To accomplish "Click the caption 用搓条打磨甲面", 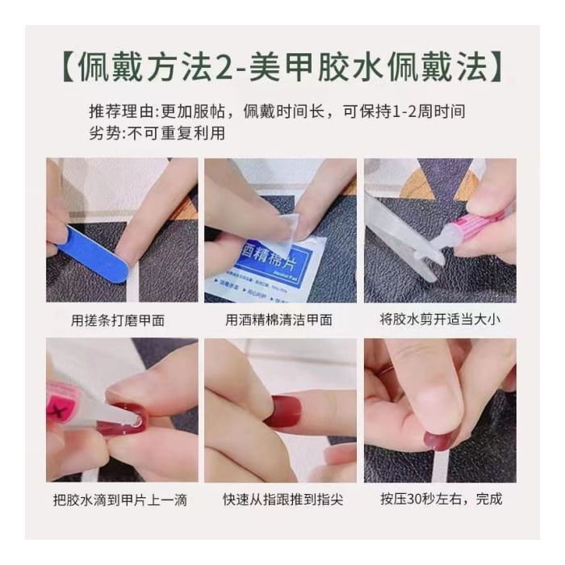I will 119,320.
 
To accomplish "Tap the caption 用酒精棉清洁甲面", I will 278,320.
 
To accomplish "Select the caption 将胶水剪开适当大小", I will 440,320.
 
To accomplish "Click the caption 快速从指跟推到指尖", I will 278,500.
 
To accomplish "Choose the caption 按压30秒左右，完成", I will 441,500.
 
